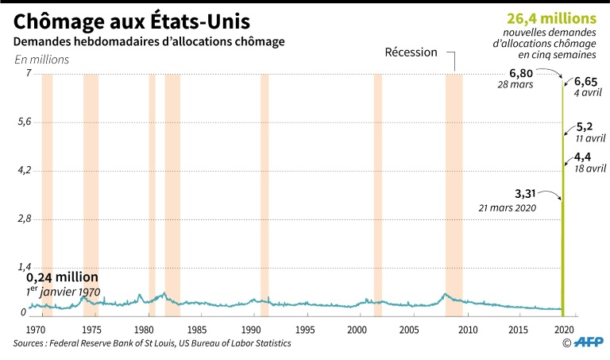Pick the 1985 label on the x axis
tap(197, 329)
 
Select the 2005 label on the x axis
tap(409, 329)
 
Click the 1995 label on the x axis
tap(303, 329)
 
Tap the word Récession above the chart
tap(411, 52)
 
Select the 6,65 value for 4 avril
tap(585, 82)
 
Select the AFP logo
tap(589, 343)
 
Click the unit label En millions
tap(41, 60)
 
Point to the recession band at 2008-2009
tap(454, 191)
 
